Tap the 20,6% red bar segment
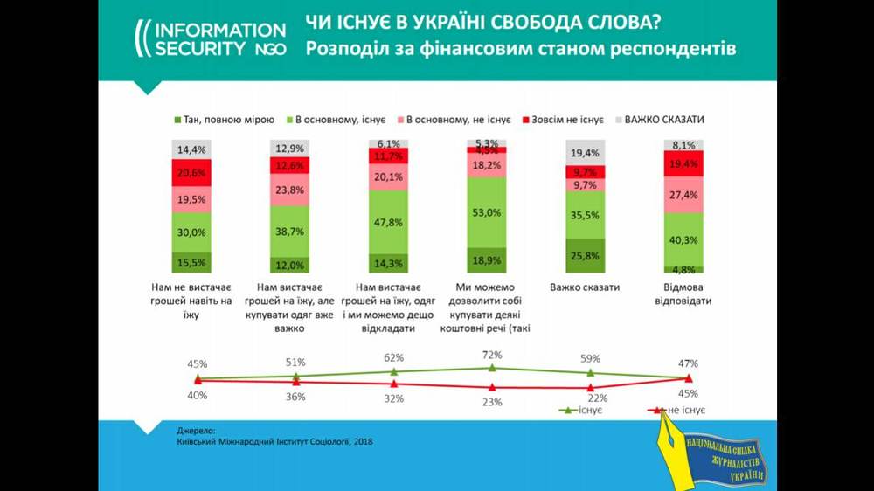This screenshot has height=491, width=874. coord(192,173)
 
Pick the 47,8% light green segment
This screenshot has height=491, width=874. coord(388,223)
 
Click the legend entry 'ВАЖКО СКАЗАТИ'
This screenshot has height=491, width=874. coord(665,119)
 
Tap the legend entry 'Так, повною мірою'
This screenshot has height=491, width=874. coord(225,119)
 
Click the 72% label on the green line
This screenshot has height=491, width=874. coord(492,355)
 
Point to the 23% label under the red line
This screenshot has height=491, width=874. coord(492,402)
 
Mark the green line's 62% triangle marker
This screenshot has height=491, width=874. coord(394,371)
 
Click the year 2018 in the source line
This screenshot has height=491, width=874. coord(362,442)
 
